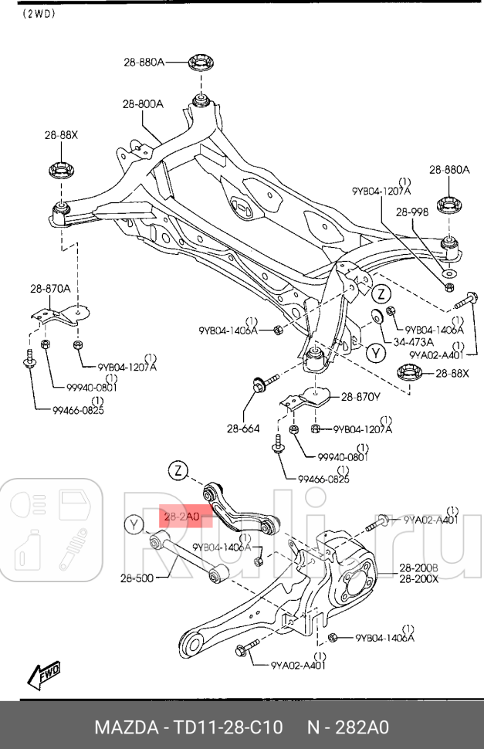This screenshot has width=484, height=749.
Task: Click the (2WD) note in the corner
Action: pyautogui.click(x=41, y=13)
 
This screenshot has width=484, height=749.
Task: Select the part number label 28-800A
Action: pyautogui.click(x=142, y=104)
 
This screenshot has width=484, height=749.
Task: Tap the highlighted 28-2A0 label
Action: pyautogui.click(x=181, y=515)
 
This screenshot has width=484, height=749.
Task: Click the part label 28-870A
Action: pyautogui.click(x=50, y=289)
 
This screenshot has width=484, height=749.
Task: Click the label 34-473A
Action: pyautogui.click(x=413, y=341)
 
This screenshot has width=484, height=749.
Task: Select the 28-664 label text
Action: pyautogui.click(x=242, y=429)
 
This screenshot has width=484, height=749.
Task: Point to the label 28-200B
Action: pyautogui.click(x=418, y=568)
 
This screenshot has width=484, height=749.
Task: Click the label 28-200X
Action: pyautogui.click(x=418, y=579)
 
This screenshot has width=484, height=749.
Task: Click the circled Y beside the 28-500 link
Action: pyautogui.click(x=135, y=525)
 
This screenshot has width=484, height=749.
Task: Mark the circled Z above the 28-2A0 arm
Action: pyautogui.click(x=178, y=470)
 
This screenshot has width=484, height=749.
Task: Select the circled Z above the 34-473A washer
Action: pyautogui.click(x=380, y=293)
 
